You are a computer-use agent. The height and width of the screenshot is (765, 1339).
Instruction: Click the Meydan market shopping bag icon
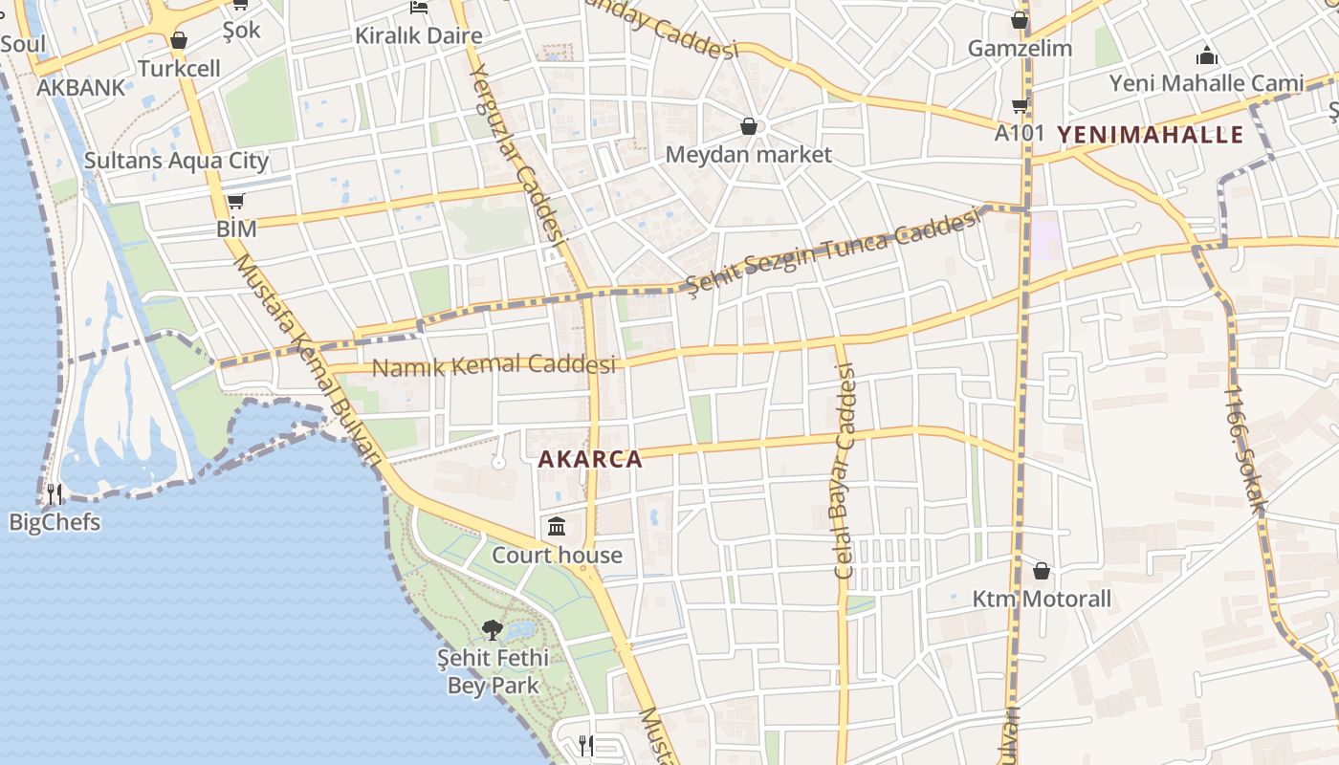[749, 126]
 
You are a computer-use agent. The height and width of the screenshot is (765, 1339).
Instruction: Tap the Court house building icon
[557, 527]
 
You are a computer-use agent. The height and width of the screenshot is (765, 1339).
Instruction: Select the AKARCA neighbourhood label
[590, 459]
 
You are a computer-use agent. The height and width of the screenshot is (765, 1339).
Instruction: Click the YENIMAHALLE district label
[1151, 135]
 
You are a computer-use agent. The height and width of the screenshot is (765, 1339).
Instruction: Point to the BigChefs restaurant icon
[55, 494]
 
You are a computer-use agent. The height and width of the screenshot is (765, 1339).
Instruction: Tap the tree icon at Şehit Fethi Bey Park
[493, 629]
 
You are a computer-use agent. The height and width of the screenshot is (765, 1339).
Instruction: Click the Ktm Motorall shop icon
[1042, 571]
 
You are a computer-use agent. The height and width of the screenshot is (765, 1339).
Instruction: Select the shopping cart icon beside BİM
[236, 202]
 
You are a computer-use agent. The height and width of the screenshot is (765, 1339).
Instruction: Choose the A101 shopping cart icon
[1020, 105]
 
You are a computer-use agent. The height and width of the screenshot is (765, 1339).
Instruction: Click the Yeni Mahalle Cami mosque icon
[1207, 55]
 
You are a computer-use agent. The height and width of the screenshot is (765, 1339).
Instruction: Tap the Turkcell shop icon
[178, 40]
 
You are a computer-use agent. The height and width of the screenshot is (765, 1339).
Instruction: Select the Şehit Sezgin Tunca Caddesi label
[834, 252]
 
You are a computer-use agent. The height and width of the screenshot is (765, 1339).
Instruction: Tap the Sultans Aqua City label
[176, 161]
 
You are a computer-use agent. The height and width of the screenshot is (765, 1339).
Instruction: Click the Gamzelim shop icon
[1020, 20]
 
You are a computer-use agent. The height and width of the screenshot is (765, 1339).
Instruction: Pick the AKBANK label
[81, 88]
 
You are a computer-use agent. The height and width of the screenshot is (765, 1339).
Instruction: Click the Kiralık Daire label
[419, 36]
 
